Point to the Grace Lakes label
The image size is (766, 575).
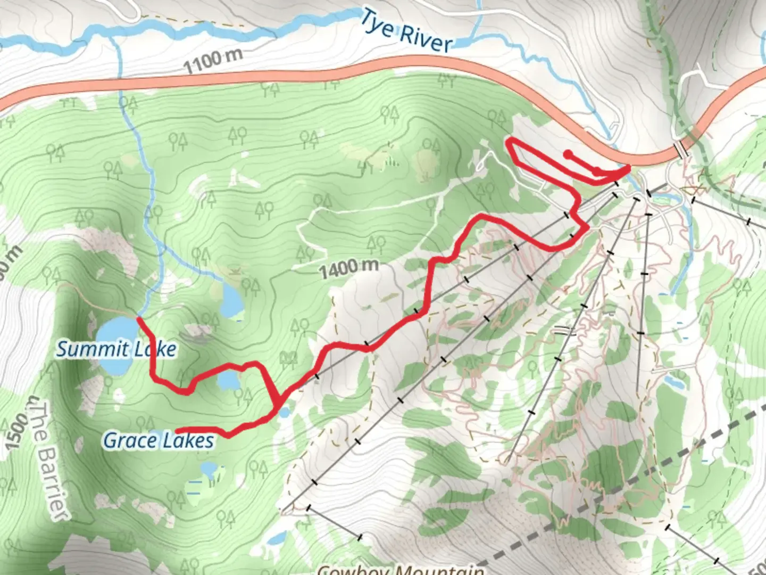[159, 441]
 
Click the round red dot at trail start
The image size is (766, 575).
[568, 154]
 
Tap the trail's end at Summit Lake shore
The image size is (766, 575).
[139, 319]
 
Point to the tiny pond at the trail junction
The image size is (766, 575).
[285, 412]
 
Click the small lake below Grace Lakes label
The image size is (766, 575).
[208, 469]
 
